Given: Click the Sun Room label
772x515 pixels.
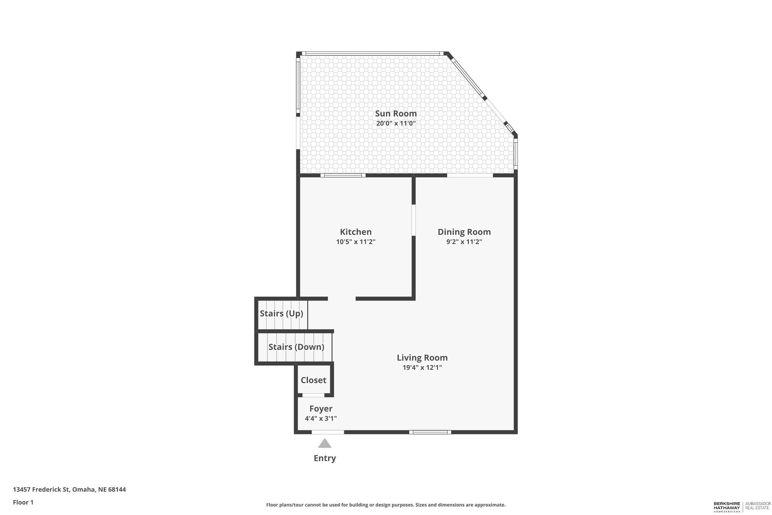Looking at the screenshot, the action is click(x=396, y=114).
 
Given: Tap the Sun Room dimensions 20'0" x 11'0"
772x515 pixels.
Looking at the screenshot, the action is click(x=396, y=124).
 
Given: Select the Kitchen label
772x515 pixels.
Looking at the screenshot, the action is click(x=356, y=232).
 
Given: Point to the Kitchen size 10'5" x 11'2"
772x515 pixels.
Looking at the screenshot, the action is click(x=356, y=242).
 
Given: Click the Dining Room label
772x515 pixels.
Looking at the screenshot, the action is click(x=464, y=232).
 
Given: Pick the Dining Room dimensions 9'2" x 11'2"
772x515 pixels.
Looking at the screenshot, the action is click(x=464, y=242).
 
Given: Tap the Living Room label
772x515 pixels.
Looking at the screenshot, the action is click(x=422, y=358).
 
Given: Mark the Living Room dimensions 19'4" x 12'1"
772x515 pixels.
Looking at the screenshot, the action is click(x=422, y=367).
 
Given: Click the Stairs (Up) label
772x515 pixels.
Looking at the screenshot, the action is click(x=281, y=314).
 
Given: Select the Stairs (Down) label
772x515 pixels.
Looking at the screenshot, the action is click(x=296, y=347).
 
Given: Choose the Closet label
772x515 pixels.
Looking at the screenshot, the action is click(x=313, y=380).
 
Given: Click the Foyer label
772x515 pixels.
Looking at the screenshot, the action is click(x=321, y=409).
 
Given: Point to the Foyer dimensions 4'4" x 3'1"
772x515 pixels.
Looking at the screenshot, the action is click(x=321, y=419).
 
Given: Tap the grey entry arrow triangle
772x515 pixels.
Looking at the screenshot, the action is click(x=324, y=444).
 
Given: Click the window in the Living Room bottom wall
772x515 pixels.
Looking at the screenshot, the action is click(x=430, y=432).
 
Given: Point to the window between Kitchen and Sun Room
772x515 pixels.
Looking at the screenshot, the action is click(x=343, y=175).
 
